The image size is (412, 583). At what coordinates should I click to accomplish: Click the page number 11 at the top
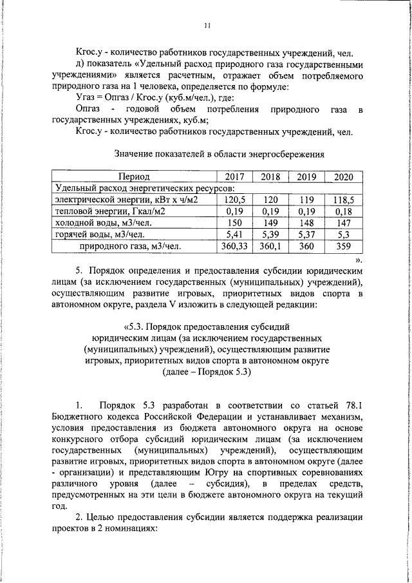point(207,25)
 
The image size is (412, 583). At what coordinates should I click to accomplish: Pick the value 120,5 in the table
point(234,200)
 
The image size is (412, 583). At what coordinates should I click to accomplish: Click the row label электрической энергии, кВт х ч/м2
point(125,200)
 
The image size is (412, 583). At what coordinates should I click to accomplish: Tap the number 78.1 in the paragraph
point(351,405)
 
